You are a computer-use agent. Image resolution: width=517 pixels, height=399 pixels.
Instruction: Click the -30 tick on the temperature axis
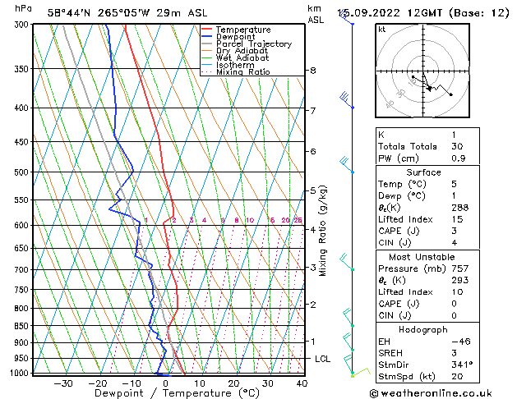click(63, 383)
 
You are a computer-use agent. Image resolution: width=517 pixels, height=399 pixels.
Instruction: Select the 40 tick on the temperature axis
click(302, 383)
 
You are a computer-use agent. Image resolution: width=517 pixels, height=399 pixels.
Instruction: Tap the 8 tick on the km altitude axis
click(312, 71)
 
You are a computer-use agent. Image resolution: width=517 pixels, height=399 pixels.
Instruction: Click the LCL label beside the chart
click(322, 359)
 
